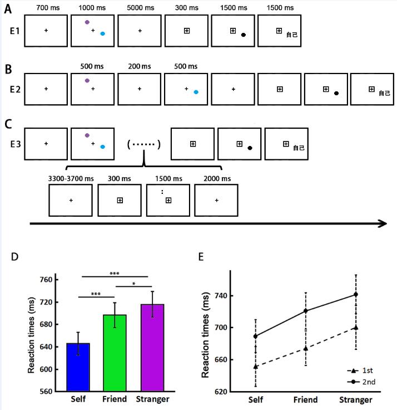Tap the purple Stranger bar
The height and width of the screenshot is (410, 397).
tap(152, 348)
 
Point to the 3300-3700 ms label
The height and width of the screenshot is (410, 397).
tap(71, 178)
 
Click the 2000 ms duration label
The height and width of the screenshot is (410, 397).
tap(215, 178)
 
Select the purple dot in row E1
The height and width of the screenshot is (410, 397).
tap(87, 22)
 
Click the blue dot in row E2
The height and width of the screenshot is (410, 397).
tap(196, 92)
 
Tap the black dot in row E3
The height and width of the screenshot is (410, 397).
tap(250, 148)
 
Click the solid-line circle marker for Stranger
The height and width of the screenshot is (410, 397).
tap(355, 294)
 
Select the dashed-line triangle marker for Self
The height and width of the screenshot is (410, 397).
tap(255, 367)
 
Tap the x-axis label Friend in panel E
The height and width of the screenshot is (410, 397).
tap(305, 399)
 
